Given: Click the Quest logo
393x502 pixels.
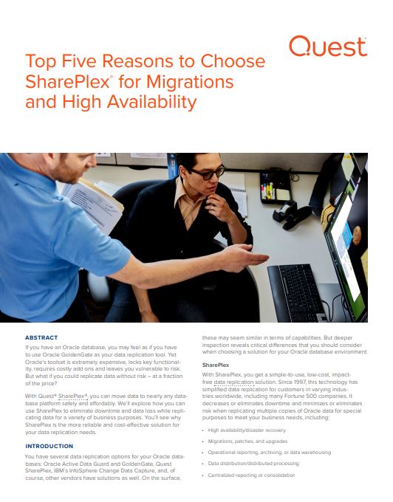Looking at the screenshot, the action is (x=328, y=47).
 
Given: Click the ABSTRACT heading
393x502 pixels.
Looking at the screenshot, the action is (x=41, y=337).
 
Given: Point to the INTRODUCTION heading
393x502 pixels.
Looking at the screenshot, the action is (x=49, y=446).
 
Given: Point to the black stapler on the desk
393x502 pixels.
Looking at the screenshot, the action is (x=293, y=216).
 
